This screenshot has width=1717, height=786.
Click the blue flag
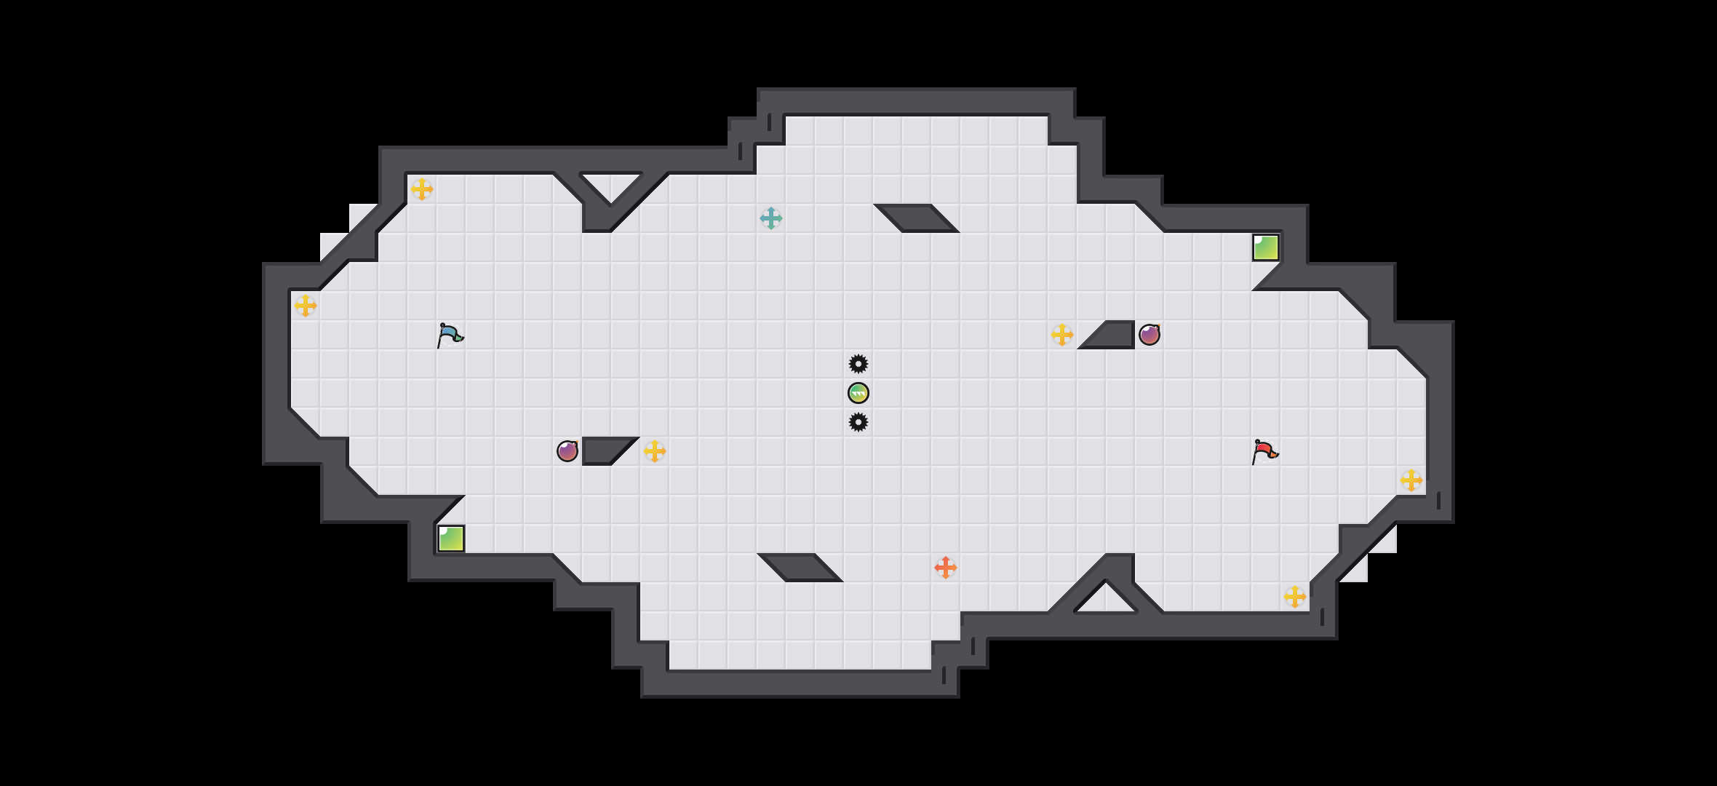pyautogui.click(x=450, y=335)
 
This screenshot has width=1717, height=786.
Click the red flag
pyautogui.click(x=1264, y=451)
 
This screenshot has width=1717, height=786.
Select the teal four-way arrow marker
pyautogui.click(x=771, y=218)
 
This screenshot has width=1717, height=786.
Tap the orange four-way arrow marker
pyautogui.click(x=946, y=568)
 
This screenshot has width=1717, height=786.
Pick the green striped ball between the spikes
pyautogui.click(x=858, y=393)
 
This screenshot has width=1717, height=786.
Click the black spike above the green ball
pyautogui.click(x=858, y=364)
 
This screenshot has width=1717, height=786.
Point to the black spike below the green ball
pyautogui.click(x=858, y=422)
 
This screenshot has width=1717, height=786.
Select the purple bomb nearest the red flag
pyautogui.click(x=1150, y=335)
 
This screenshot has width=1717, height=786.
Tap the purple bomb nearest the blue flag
pyautogui.click(x=567, y=451)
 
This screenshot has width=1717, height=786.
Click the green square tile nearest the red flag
pyautogui.click(x=1266, y=247)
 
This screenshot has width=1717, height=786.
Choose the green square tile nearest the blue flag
pyautogui.click(x=451, y=539)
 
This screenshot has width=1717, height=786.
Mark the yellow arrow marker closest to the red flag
pyautogui.click(x=1411, y=480)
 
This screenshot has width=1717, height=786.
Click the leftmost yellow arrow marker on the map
pyautogui.click(x=306, y=306)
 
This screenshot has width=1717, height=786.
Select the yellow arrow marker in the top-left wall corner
pyautogui.click(x=422, y=189)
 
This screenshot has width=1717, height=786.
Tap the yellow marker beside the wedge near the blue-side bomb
pyautogui.click(x=655, y=451)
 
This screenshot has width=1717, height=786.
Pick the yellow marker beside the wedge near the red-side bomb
pyautogui.click(x=1062, y=335)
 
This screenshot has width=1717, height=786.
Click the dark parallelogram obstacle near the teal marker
pyautogui.click(x=917, y=218)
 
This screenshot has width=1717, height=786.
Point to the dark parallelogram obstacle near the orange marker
pyautogui.click(x=800, y=568)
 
